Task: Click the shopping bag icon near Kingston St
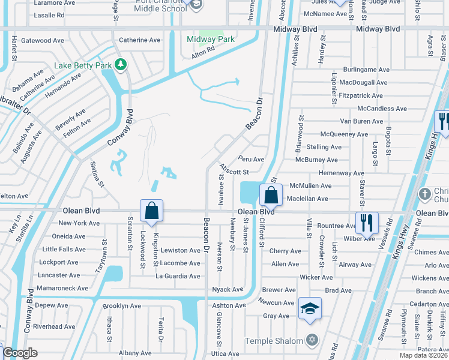point(152,211)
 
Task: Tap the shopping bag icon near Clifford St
point(271,195)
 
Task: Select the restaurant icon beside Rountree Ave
point(367,223)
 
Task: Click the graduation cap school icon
point(310,308)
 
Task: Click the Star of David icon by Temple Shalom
point(311,341)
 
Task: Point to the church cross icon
point(425,194)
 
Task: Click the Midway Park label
point(210,40)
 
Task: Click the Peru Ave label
point(250,160)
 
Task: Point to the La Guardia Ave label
point(178,276)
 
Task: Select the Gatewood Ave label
point(43,41)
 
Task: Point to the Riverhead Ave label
point(55,327)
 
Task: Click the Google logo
point(20,353)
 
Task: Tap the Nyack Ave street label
point(228,289)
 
